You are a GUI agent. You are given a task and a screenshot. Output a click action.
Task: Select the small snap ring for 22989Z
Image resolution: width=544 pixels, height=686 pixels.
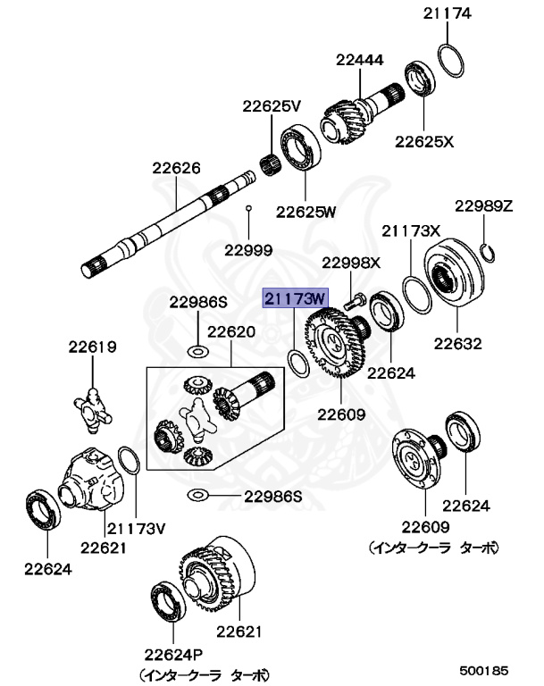click(487, 252)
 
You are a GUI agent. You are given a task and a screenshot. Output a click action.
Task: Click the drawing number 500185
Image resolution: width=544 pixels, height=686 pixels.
click(483, 668)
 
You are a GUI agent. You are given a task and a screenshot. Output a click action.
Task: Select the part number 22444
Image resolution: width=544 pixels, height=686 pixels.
click(360, 61)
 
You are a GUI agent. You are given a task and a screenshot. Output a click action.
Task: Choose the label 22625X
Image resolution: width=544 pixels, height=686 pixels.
click(425, 141)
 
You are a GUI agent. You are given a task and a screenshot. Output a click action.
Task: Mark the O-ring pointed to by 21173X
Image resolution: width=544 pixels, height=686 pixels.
click(416, 294)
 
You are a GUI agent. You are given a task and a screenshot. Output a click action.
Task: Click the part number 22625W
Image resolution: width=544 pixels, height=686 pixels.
click(305, 212)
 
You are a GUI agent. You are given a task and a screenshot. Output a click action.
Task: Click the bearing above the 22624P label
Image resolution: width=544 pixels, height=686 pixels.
click(166, 600)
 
